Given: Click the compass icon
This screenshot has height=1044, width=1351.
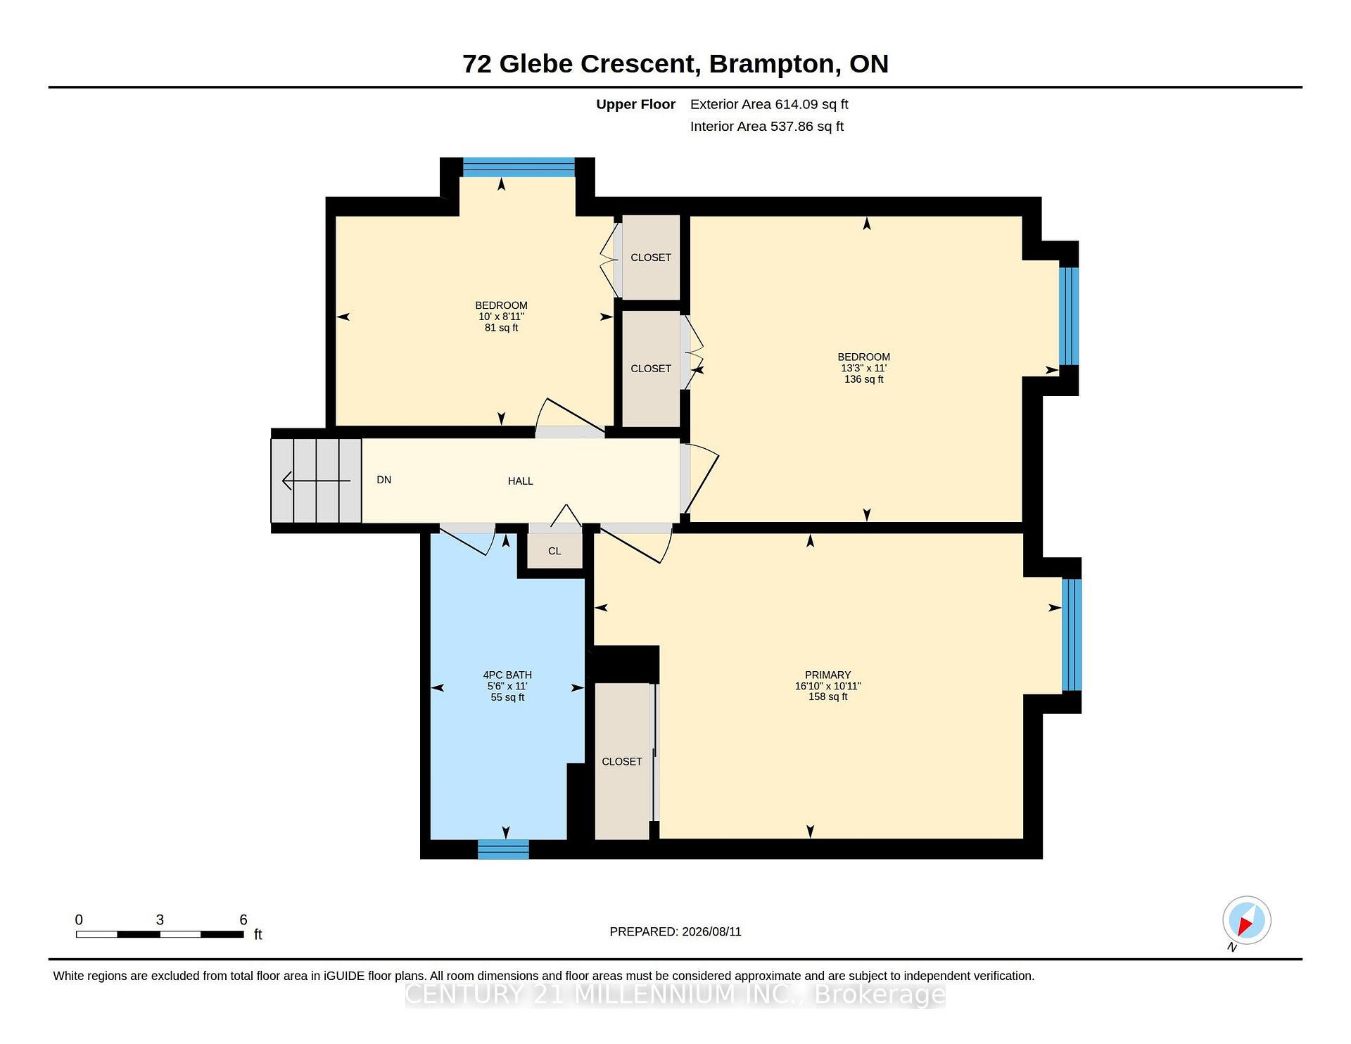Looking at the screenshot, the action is (x=1246, y=920).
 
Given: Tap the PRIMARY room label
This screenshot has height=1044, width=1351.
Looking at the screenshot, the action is (x=827, y=675).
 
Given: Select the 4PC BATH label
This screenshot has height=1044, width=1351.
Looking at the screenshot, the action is (x=507, y=675).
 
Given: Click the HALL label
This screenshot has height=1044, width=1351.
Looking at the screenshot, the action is (x=521, y=481).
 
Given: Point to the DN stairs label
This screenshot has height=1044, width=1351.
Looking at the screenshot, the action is (x=384, y=480).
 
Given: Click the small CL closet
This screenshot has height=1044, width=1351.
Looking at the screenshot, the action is (x=555, y=550).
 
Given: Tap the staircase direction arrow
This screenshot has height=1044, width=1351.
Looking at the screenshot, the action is (x=317, y=480).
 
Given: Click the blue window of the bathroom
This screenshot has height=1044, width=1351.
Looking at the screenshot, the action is (x=503, y=849).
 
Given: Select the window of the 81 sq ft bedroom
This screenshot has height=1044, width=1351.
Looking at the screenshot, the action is (x=519, y=167).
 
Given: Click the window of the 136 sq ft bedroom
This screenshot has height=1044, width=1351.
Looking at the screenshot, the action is (x=1069, y=316).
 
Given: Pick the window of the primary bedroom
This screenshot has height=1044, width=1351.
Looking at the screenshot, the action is (x=1072, y=635).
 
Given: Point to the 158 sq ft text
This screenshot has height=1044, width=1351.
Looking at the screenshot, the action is (x=827, y=696).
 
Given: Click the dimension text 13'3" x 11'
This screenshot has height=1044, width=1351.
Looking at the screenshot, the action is (x=864, y=368).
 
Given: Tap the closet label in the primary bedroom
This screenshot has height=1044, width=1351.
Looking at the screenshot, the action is (x=622, y=761).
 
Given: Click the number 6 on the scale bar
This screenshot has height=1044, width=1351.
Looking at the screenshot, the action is (x=243, y=919).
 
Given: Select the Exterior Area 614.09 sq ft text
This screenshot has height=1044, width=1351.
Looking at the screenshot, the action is (x=769, y=104).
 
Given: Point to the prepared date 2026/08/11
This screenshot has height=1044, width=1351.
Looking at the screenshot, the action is (x=711, y=931).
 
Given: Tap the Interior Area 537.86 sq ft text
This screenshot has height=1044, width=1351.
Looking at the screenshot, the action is (x=767, y=127).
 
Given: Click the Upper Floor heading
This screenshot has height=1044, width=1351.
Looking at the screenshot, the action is (x=636, y=104).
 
